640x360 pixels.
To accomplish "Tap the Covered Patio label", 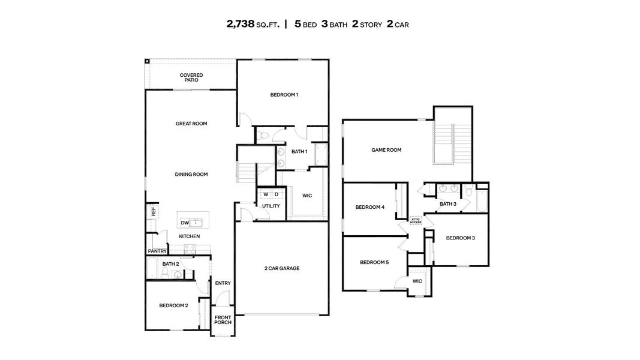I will (x=191, y=77).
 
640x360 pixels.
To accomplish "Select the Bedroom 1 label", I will (x=284, y=95).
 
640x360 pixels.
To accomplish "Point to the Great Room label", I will (x=191, y=124).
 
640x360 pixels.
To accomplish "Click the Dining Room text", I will (x=191, y=175).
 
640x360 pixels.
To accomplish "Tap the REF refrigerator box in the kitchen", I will (x=154, y=211).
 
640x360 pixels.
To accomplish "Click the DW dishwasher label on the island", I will (x=185, y=223).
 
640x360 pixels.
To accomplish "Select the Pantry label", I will (x=157, y=251).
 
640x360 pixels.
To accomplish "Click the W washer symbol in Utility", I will (x=266, y=194).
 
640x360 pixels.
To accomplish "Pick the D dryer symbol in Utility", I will (x=276, y=194).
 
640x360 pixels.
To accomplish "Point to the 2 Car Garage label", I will (x=282, y=268).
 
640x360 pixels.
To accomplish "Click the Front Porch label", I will (x=223, y=320).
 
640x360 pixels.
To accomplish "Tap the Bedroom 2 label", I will (x=173, y=305).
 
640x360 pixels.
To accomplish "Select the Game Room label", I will (x=386, y=150).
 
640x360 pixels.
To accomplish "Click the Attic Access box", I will (x=416, y=221).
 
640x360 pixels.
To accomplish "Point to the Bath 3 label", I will (x=448, y=204).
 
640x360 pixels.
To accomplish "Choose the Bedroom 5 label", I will (x=374, y=262).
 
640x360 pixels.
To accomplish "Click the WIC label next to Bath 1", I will (x=307, y=196).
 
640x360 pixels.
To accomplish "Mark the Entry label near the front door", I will (x=223, y=283).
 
